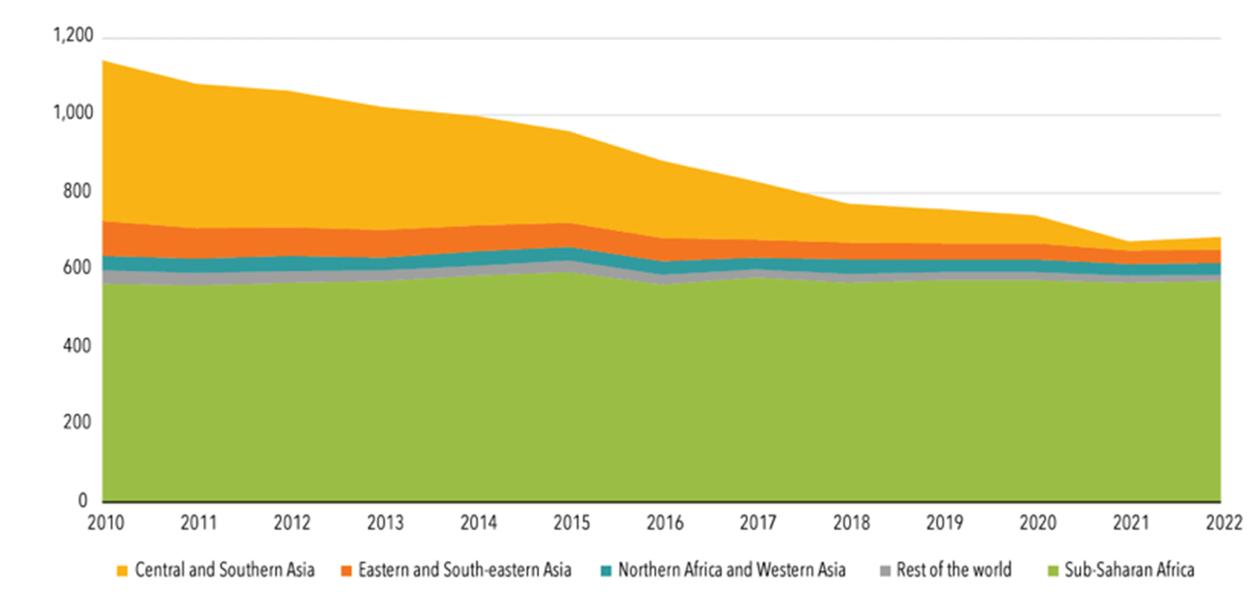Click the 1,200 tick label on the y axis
73,36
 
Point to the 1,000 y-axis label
73,113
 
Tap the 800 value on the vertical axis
77,191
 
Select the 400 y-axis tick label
77,346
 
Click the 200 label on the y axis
77,422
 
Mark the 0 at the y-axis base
83,500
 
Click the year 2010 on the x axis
106,523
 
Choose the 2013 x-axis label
385,523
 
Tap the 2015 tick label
571,523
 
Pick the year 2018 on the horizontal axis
851,523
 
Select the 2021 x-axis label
1131,523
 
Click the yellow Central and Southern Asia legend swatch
122,571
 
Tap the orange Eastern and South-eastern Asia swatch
346,571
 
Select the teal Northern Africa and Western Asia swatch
606,571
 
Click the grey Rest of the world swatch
885,571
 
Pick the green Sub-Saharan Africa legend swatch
1053,571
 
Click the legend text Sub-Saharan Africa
1129,569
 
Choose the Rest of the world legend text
954,569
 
